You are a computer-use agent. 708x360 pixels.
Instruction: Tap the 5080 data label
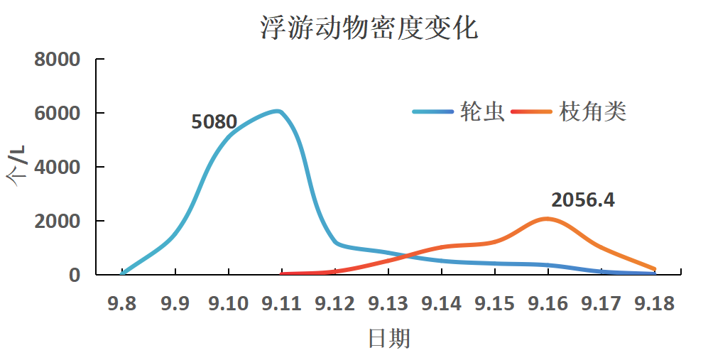(x=214, y=122)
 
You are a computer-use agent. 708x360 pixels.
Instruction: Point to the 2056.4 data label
(x=583, y=200)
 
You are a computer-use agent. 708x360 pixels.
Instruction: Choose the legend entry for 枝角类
(x=593, y=111)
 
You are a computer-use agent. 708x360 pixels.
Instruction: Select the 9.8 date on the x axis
(x=122, y=304)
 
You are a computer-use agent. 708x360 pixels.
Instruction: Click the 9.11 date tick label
(x=281, y=304)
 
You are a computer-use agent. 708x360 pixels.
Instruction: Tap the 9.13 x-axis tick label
(x=388, y=304)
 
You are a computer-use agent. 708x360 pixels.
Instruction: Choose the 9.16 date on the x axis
(x=548, y=304)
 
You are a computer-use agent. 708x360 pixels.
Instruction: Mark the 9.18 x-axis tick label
(x=654, y=304)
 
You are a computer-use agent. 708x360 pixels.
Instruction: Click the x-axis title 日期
(x=388, y=339)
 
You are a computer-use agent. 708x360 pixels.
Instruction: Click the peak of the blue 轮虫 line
(x=278, y=111)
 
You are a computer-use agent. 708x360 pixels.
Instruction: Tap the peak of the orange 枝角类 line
(x=548, y=219)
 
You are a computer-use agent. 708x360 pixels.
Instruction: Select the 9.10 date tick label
(x=228, y=304)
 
